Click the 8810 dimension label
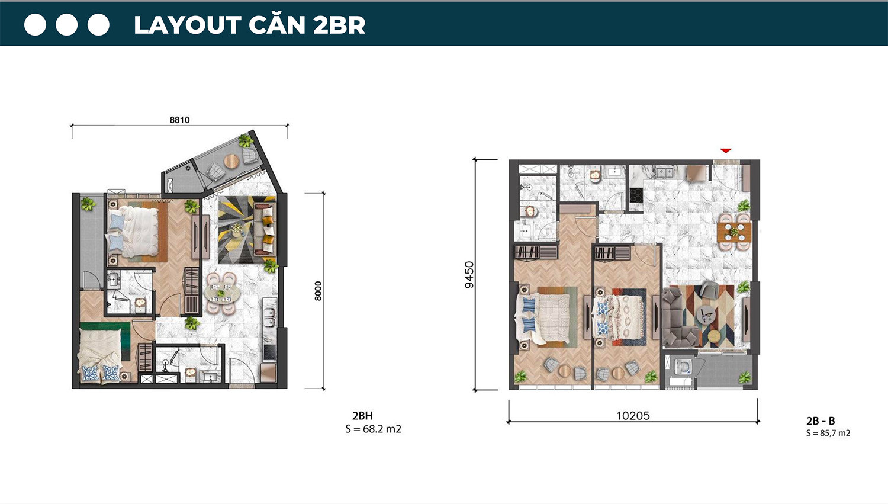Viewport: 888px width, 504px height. click(179, 120)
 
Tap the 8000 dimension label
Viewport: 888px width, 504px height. click(318, 291)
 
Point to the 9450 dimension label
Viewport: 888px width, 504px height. click(469, 275)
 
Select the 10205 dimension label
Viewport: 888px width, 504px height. click(633, 416)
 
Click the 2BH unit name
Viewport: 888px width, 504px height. click(362, 416)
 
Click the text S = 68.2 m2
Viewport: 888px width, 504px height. click(374, 429)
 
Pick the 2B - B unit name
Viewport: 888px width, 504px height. click(820, 420)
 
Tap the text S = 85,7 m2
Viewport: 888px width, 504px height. click(828, 433)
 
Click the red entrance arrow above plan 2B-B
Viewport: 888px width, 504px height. click(726, 150)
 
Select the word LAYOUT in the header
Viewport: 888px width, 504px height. click(188, 25)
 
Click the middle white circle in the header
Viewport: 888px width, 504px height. click(66, 25)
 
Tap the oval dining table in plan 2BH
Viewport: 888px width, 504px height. click(222, 293)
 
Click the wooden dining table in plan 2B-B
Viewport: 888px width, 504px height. click(734, 232)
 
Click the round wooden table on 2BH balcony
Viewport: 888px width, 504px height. click(231, 162)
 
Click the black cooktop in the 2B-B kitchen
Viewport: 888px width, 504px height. click(636, 195)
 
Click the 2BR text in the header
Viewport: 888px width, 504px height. click(339, 25)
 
